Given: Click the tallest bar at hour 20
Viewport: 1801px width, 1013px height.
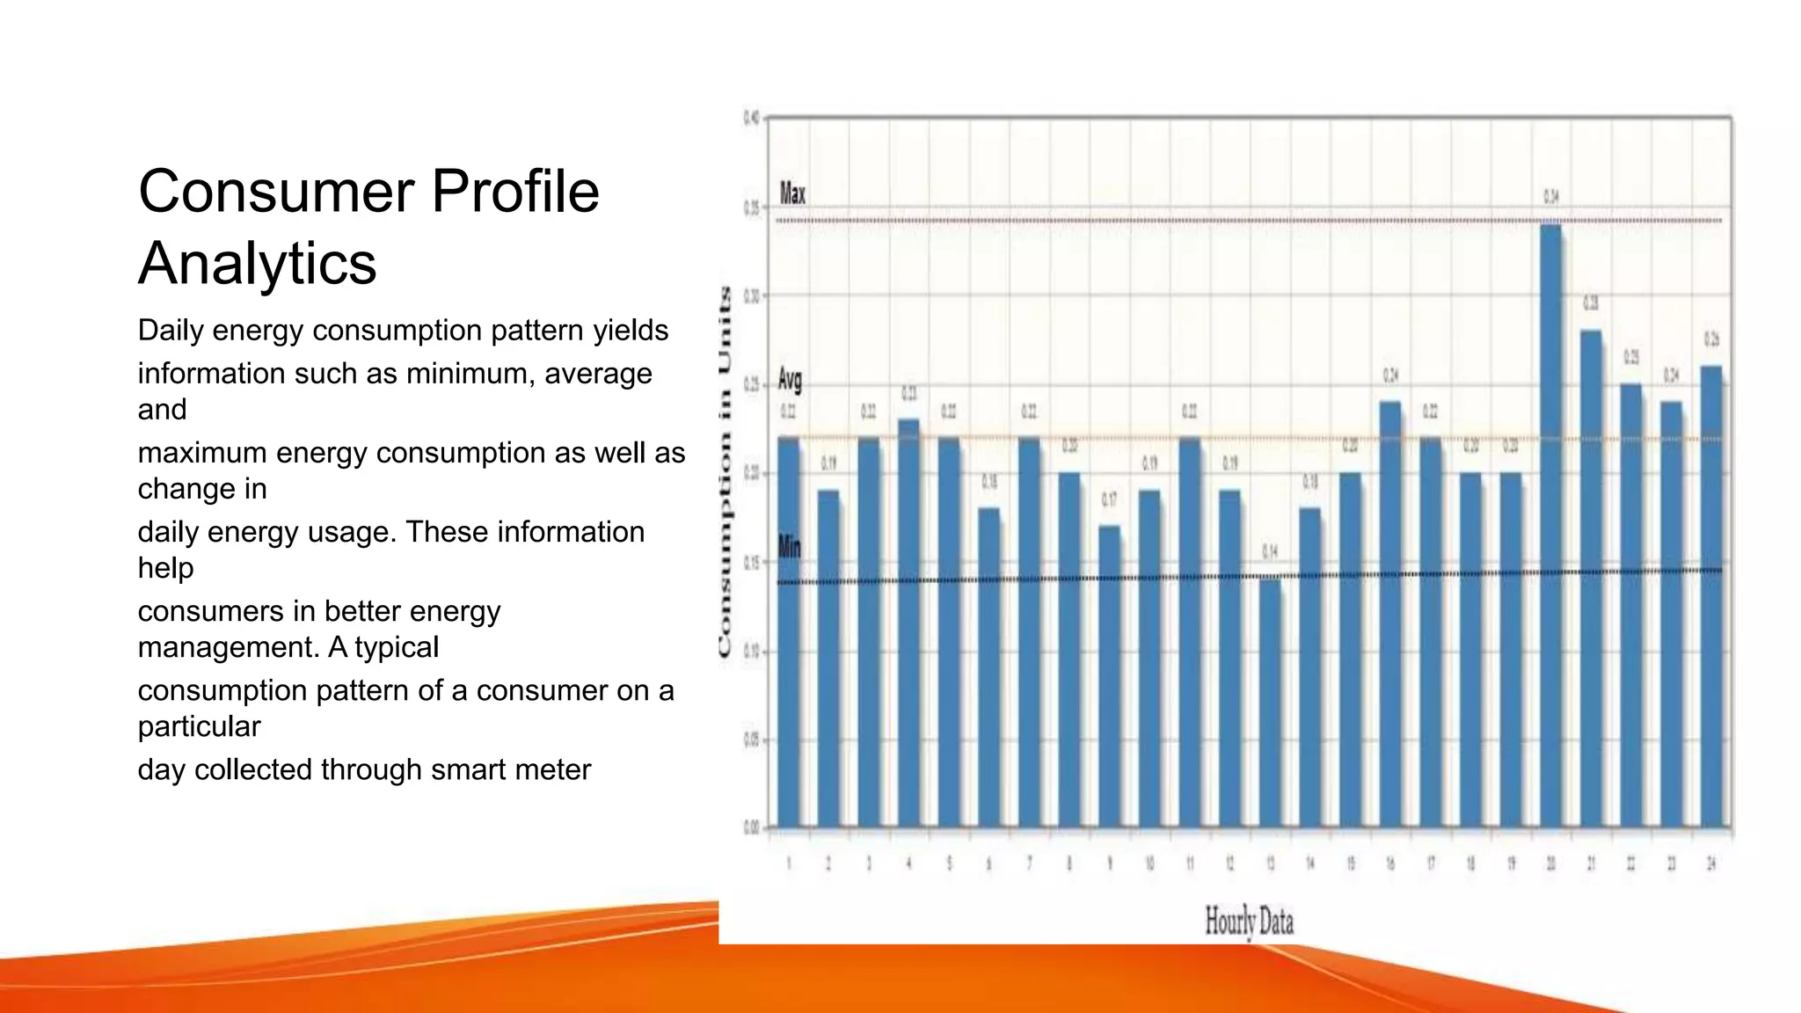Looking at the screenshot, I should click(x=1551, y=528).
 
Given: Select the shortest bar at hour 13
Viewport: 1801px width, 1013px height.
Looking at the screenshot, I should click(x=1270, y=703).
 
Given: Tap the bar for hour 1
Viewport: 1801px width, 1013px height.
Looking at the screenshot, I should click(x=789, y=633).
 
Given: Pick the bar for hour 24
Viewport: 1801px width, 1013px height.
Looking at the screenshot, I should click(x=1711, y=598).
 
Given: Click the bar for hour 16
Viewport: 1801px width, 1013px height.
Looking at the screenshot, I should click(x=1390, y=616).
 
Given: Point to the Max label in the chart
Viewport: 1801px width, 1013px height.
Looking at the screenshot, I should click(x=792, y=193).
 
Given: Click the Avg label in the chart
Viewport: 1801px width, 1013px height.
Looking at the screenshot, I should click(x=790, y=380).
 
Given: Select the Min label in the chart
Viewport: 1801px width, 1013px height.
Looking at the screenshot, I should click(x=789, y=547).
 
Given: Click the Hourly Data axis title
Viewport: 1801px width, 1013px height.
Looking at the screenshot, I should click(x=1249, y=922).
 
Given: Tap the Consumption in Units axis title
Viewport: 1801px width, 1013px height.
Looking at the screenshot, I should click(x=725, y=472).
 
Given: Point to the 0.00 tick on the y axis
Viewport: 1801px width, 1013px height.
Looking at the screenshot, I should click(x=752, y=827).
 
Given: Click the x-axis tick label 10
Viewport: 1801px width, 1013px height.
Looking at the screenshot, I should click(x=1149, y=864).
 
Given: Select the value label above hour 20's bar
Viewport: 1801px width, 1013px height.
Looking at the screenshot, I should click(x=1551, y=197).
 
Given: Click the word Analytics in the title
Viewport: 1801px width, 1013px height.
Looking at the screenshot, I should click(x=257, y=263).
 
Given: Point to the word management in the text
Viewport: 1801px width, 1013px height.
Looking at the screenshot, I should click(x=228, y=647).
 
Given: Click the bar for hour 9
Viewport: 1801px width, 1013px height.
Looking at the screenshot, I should click(x=1109, y=677).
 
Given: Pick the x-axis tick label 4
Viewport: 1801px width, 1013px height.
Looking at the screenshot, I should click(x=909, y=864).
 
